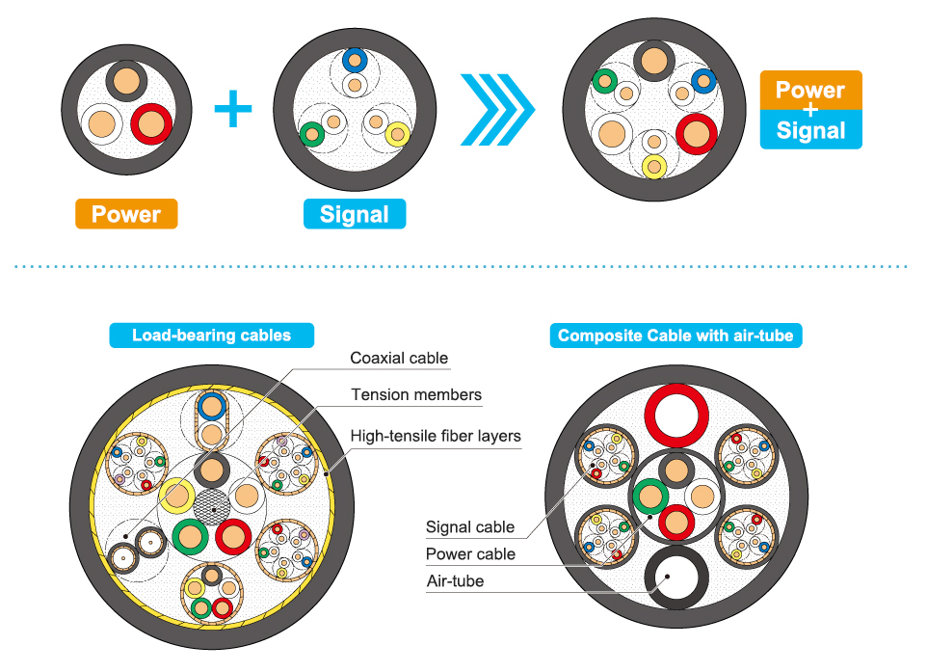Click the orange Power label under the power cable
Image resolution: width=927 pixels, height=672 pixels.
coord(125,214)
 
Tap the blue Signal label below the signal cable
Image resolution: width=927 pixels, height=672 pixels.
coord(354,214)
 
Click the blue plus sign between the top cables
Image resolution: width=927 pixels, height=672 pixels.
coord(232,108)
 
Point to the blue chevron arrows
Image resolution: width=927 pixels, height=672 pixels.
coord(496,108)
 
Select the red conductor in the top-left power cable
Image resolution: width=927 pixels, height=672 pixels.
coord(151,124)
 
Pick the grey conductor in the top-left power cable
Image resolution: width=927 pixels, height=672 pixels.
coord(125,80)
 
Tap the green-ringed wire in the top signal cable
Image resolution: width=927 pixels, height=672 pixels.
coord(311,134)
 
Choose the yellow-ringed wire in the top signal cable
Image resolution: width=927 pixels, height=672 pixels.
coord(397,134)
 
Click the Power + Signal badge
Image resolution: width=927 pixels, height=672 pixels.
coord(810,110)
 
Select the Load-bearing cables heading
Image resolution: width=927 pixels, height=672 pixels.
coord(211,336)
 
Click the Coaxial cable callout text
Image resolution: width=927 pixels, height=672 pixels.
coord(399,359)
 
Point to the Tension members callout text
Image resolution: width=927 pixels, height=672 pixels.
coord(416,395)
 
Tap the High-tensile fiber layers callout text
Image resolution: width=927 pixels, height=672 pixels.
coord(436,437)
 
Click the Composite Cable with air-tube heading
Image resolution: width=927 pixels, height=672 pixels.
coord(675,336)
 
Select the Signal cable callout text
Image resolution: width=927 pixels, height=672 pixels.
coord(470,527)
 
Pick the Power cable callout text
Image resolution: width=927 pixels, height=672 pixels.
coord(470,554)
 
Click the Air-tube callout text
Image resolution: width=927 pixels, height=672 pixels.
coord(455,581)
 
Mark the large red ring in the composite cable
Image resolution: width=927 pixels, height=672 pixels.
coord(676,416)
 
